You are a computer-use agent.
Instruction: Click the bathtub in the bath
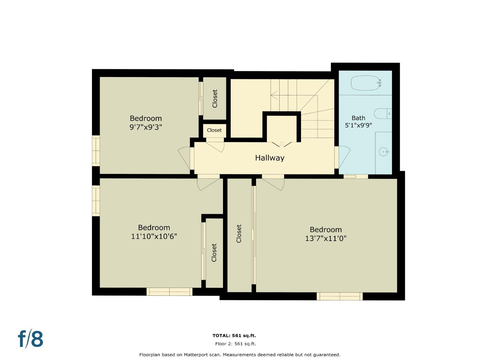coord(366,83)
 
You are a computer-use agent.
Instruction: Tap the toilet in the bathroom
coord(382,114)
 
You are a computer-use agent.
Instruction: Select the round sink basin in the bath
coord(384,152)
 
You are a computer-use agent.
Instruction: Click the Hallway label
coord(269,158)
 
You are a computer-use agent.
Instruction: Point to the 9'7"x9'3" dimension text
coord(146,127)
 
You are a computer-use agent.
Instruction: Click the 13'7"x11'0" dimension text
coord(326,238)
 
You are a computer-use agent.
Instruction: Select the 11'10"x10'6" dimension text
coord(154,236)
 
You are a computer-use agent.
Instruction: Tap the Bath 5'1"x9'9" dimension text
coord(358,125)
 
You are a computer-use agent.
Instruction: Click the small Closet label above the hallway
coord(214,130)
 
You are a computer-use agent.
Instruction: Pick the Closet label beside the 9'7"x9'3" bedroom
coord(215,98)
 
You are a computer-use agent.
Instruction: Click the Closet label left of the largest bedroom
coord(239,233)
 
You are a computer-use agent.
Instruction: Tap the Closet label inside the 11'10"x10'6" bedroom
coord(214,253)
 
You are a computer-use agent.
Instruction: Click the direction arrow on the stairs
coord(274,95)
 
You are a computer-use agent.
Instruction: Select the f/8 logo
coord(30,339)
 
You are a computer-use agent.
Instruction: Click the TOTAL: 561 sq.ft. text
coord(234,336)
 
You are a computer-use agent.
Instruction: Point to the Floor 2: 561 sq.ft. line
coord(235,344)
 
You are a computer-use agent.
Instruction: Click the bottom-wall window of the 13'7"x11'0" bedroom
coord(339,296)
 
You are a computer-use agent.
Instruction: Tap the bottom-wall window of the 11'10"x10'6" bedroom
coord(169,292)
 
